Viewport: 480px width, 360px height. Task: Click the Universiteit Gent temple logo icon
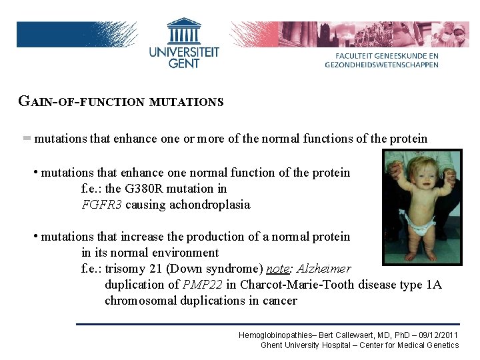pos(184,31)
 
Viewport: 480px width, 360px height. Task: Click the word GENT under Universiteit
pos(184,63)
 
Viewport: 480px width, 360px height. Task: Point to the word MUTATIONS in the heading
pos(187,103)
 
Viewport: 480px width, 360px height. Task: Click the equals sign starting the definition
pos(27,139)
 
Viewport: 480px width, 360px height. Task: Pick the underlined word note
pos(277,269)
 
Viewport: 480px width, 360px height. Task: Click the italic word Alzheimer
pos(323,269)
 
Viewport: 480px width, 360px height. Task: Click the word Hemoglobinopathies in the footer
pos(274,335)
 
